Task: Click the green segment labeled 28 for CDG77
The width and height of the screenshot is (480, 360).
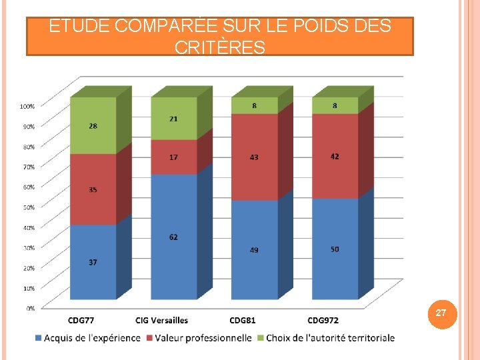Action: click(x=93, y=126)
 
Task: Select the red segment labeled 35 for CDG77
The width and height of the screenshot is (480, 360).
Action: click(x=93, y=189)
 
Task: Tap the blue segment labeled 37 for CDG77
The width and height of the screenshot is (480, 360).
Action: click(x=93, y=262)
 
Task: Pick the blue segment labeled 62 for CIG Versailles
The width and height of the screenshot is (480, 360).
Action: click(x=173, y=237)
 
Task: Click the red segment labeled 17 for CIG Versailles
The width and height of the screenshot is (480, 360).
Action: click(x=173, y=157)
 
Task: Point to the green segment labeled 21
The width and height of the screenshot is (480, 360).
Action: click(x=173, y=119)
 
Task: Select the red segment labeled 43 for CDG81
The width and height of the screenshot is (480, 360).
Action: click(x=254, y=157)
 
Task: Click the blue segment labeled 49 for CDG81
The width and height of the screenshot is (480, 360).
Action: click(x=254, y=250)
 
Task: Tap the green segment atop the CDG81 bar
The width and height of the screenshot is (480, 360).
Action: click(x=254, y=105)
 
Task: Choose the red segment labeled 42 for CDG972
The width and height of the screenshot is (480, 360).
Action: click(x=335, y=156)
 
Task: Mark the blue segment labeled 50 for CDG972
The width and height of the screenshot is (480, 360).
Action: click(x=335, y=249)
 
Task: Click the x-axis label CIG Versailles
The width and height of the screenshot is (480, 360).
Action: click(x=161, y=321)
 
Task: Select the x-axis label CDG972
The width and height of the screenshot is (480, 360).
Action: click(x=324, y=321)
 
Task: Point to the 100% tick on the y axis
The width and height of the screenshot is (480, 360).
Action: click(x=27, y=106)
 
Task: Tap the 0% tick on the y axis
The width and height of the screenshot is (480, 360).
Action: click(x=31, y=308)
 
